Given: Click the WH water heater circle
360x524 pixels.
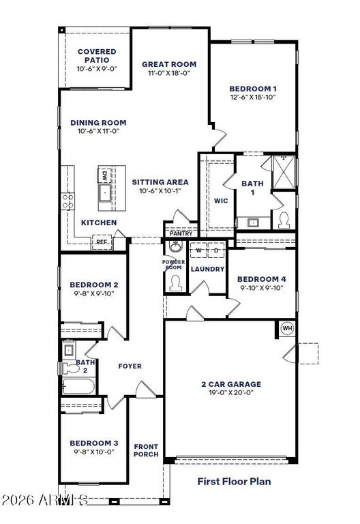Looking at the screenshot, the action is click(x=287, y=328).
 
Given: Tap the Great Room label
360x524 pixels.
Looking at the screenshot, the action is click(x=169, y=64).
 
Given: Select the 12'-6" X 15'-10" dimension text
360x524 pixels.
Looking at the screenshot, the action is click(x=253, y=98).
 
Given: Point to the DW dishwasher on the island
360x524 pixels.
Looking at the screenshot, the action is click(x=104, y=175).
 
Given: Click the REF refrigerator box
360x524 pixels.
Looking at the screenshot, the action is click(x=102, y=242).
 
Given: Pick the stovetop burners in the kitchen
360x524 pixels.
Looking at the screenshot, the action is click(x=67, y=201).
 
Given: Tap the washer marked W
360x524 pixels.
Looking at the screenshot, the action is click(x=198, y=250).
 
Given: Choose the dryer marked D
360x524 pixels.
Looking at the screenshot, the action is click(x=216, y=250).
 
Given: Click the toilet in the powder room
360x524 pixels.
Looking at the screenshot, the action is click(x=175, y=282).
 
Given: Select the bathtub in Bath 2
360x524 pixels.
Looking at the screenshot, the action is click(x=79, y=386).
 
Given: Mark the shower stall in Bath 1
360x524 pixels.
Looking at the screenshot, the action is click(x=284, y=173).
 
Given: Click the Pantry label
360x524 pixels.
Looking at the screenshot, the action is click(x=181, y=233).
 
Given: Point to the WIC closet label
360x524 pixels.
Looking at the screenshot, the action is click(x=221, y=201).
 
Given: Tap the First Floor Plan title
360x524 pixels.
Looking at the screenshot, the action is click(x=234, y=481).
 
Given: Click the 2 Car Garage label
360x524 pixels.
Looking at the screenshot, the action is click(x=231, y=384).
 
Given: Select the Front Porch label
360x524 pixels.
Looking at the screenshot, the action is click(x=146, y=450).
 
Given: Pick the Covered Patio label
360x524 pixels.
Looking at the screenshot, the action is click(x=97, y=56).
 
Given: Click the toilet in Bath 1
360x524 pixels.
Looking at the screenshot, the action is click(x=284, y=220).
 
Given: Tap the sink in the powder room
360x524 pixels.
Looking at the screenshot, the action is click(x=175, y=246).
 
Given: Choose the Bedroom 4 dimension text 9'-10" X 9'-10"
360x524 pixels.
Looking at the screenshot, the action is click(x=262, y=288).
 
